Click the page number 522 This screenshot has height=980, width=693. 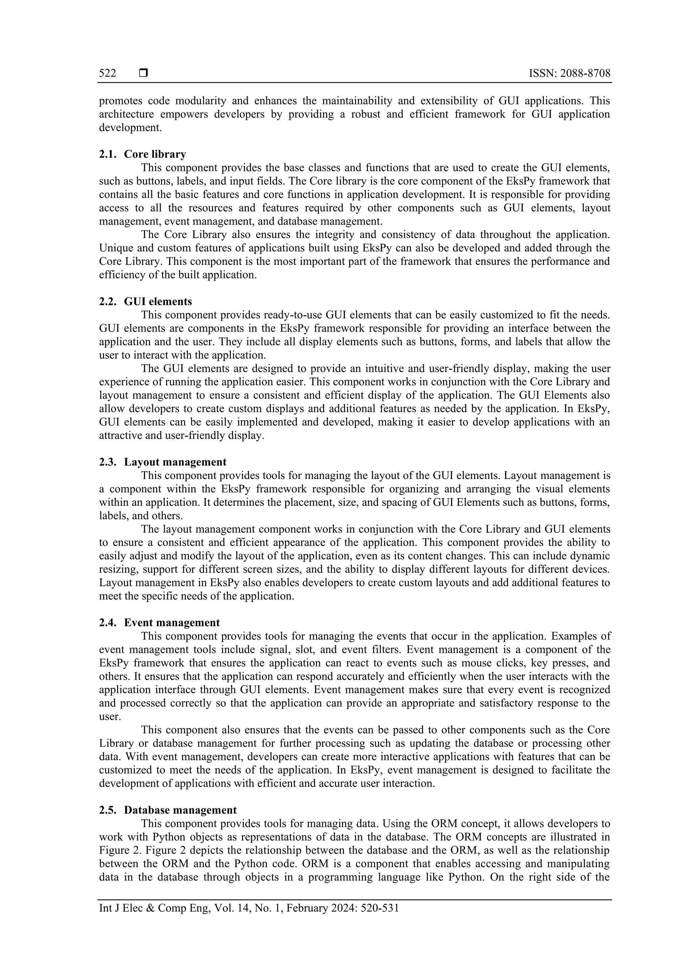(x=107, y=73)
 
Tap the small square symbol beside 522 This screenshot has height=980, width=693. (x=143, y=73)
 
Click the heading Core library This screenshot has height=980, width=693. (x=155, y=154)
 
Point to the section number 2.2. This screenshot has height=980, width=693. (x=108, y=301)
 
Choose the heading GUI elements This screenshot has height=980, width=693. (x=158, y=301)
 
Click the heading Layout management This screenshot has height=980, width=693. (x=175, y=462)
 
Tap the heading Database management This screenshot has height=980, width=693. (x=180, y=810)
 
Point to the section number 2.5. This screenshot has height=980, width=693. (x=108, y=810)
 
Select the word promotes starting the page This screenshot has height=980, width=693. (x=120, y=101)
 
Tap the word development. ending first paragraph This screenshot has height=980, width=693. (x=130, y=128)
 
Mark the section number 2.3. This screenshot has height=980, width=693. (x=108, y=462)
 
